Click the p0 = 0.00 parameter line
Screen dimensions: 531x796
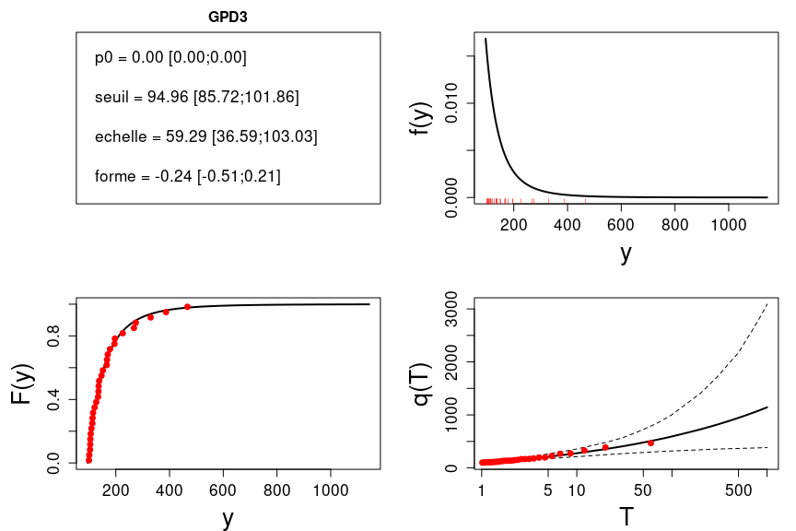click(170, 57)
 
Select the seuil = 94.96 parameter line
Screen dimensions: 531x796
click(196, 97)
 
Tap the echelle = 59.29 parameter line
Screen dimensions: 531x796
click(205, 136)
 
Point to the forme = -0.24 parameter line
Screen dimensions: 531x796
click(187, 176)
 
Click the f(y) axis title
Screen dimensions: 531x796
click(422, 117)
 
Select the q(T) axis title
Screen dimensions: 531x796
click(422, 385)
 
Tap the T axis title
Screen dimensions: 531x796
click(626, 516)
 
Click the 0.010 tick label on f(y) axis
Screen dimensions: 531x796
click(450, 103)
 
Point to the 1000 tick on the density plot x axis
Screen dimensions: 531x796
click(729, 226)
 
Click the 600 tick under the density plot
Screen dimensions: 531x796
click(621, 226)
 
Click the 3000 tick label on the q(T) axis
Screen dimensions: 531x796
click(450, 310)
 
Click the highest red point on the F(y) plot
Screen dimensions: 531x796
click(187, 307)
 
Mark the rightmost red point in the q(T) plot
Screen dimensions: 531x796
click(650, 442)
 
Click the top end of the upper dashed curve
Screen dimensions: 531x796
click(767, 303)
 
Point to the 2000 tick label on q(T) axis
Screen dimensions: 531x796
click(450, 362)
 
